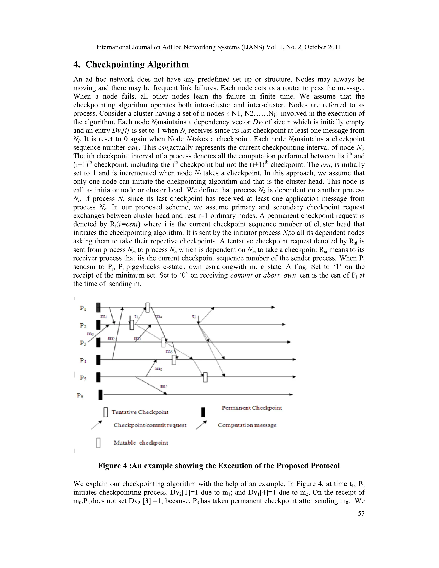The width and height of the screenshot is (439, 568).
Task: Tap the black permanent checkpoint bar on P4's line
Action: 98,360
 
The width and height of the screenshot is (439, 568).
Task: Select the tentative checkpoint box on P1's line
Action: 147,307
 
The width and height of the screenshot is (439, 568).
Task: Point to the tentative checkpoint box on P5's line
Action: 205,377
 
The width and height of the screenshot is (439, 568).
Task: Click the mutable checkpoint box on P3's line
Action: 163,342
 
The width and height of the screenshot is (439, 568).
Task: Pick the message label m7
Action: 164,386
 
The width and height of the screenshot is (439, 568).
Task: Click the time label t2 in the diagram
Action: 194,316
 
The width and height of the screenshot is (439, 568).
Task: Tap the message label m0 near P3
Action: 90,334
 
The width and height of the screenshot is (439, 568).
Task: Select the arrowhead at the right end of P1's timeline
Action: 273,307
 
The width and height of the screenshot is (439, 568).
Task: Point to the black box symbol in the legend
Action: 203,412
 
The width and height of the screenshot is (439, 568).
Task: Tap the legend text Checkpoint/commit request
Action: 150,425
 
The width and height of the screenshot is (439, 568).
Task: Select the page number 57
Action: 361,513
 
